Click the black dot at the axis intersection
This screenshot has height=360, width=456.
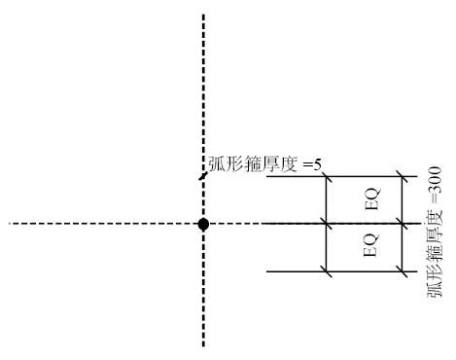tap(203, 224)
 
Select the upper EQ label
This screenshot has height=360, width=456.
tap(371, 199)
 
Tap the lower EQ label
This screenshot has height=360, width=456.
tap(371, 248)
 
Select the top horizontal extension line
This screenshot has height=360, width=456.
tap(292, 177)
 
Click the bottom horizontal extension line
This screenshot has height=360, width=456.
tap(292, 271)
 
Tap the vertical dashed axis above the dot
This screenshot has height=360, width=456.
tap(203, 97)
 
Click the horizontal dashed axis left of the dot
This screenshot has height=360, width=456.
tap(97, 224)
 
